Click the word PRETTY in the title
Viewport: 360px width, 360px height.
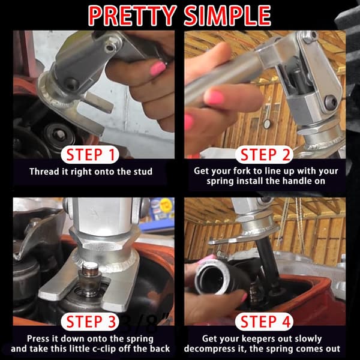tap(133, 16)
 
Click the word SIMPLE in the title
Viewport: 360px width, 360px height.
tap(227, 16)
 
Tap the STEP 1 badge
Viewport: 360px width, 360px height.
tap(90, 155)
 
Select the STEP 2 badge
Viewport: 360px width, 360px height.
tap(264, 155)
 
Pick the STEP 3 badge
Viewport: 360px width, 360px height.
tap(90, 322)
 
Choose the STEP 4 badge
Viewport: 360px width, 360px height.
tap(264, 322)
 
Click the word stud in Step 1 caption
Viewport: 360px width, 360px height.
tap(143, 172)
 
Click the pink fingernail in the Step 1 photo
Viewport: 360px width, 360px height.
tap(157, 68)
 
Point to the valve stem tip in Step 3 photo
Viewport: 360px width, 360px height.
tap(90, 267)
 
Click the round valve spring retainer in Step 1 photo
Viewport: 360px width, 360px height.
tap(60, 134)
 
